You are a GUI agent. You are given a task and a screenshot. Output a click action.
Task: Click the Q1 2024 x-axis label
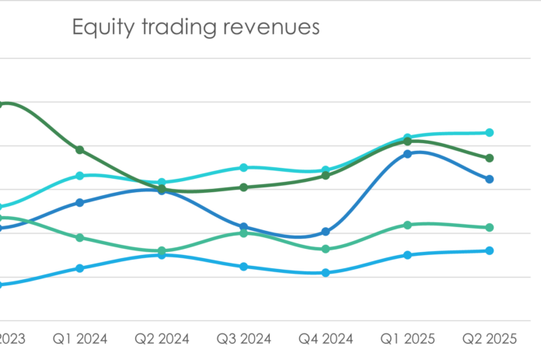click(79, 339)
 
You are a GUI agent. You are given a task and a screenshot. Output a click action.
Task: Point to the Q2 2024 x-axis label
click(162, 339)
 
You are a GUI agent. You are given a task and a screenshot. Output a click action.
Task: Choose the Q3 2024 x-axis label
click(243, 339)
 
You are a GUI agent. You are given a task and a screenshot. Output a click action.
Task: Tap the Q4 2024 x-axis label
click(326, 339)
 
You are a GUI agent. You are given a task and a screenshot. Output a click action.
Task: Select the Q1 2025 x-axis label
click(407, 339)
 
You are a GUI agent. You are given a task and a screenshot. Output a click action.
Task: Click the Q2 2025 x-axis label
click(490, 339)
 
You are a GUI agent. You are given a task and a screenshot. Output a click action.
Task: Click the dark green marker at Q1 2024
click(80, 149)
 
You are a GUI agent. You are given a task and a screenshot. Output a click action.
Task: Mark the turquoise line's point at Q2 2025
click(490, 133)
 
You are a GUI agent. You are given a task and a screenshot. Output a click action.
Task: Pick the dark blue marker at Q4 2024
click(326, 232)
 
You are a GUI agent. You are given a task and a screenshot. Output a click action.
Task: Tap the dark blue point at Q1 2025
click(407, 154)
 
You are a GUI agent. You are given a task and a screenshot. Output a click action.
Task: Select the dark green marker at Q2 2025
click(490, 158)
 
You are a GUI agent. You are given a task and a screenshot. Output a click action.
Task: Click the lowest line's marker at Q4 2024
click(326, 273)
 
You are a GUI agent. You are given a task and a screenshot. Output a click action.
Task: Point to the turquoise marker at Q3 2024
click(243, 167)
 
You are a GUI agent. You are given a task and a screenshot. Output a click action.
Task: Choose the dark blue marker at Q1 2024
click(80, 202)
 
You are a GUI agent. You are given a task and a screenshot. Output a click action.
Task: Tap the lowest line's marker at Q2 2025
click(490, 250)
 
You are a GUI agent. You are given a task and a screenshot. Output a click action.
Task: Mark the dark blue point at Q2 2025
click(490, 179)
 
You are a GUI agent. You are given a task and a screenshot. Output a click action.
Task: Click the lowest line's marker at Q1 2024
click(80, 268)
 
